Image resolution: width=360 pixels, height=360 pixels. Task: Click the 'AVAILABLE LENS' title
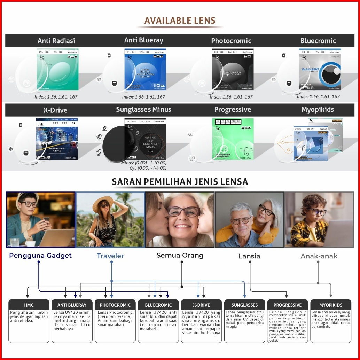(180, 21)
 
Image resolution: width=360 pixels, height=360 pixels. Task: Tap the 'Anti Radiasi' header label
(56, 41)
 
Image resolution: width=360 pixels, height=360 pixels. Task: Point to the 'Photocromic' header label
(231, 41)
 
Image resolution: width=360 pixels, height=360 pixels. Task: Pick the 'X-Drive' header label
(55, 110)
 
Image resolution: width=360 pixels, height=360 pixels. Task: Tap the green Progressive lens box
(233, 138)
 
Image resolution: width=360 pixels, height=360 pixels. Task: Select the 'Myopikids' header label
(318, 110)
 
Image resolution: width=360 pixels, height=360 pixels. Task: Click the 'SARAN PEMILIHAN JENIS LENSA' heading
(180, 182)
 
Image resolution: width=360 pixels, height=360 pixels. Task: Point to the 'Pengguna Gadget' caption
(40, 256)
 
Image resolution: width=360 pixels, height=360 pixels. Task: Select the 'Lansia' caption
(249, 256)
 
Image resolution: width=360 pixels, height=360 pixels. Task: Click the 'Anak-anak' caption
(319, 256)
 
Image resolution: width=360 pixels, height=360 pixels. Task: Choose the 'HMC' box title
(29, 305)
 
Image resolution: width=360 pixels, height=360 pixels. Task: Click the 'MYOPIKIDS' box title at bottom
(331, 305)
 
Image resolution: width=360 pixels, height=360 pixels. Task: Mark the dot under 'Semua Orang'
(182, 262)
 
